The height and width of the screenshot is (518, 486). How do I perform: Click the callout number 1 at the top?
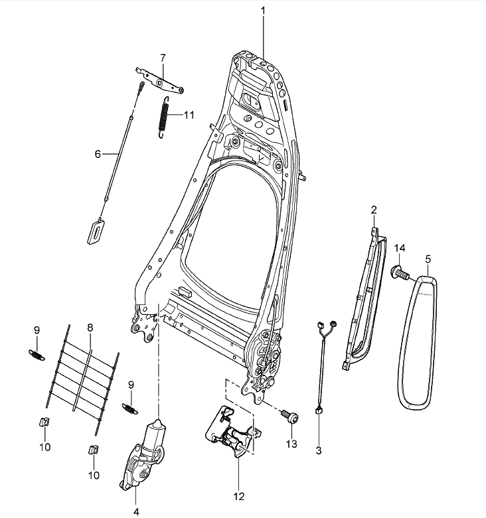[x=263, y=11]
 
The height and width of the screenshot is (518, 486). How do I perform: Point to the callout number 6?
[x=98, y=154]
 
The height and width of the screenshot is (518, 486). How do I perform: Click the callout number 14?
[x=399, y=248]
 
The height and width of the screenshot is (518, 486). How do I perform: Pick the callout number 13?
[x=289, y=443]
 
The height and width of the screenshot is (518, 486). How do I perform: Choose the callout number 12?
[x=238, y=495]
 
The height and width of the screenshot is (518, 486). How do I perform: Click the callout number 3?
[x=318, y=451]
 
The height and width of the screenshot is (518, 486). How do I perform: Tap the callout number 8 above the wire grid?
[x=90, y=327]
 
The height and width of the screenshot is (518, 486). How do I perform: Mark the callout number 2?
[x=374, y=211]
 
